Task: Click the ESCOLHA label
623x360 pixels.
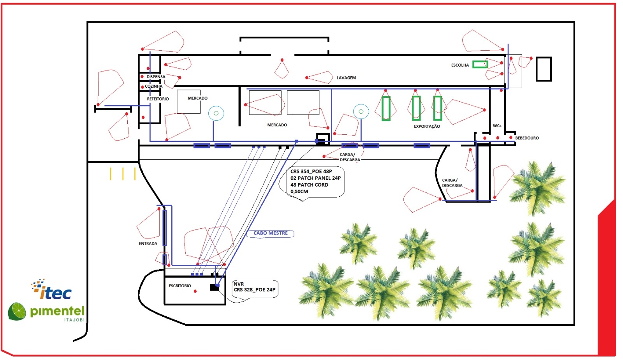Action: (x=460, y=65)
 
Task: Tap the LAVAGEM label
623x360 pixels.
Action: (x=346, y=78)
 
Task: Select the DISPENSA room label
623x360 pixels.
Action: (x=156, y=76)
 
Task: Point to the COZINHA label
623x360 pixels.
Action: (x=153, y=86)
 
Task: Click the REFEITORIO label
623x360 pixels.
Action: (x=158, y=99)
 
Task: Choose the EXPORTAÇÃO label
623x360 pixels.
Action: (x=427, y=126)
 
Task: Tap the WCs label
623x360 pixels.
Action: (x=497, y=125)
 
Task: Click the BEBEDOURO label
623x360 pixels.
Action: (x=527, y=138)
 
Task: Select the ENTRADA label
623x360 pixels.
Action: (x=148, y=244)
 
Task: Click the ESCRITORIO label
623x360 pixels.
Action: (x=180, y=286)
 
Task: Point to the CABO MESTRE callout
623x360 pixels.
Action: (x=270, y=233)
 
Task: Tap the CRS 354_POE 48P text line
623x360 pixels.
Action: (x=311, y=171)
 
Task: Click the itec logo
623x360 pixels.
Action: (x=51, y=289)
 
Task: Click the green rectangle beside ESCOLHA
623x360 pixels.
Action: (x=480, y=64)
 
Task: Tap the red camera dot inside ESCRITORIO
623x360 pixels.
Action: (x=195, y=291)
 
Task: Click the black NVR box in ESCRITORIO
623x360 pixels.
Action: (x=215, y=287)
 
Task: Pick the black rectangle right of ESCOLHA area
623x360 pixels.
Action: (x=544, y=69)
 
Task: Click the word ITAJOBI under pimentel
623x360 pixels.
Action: (x=74, y=320)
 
